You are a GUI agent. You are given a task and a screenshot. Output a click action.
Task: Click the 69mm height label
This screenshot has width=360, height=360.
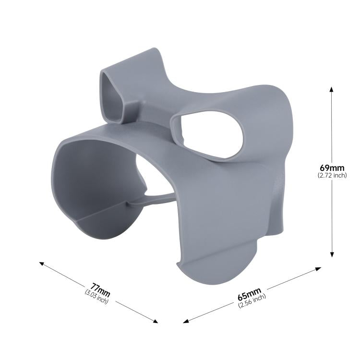point(332,168)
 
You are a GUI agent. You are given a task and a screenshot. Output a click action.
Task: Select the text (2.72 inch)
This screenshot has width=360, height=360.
point(332,176)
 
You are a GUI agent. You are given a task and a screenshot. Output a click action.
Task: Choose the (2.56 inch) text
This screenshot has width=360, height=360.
point(252,301)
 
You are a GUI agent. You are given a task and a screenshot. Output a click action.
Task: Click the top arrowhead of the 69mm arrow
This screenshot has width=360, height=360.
point(331,88)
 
